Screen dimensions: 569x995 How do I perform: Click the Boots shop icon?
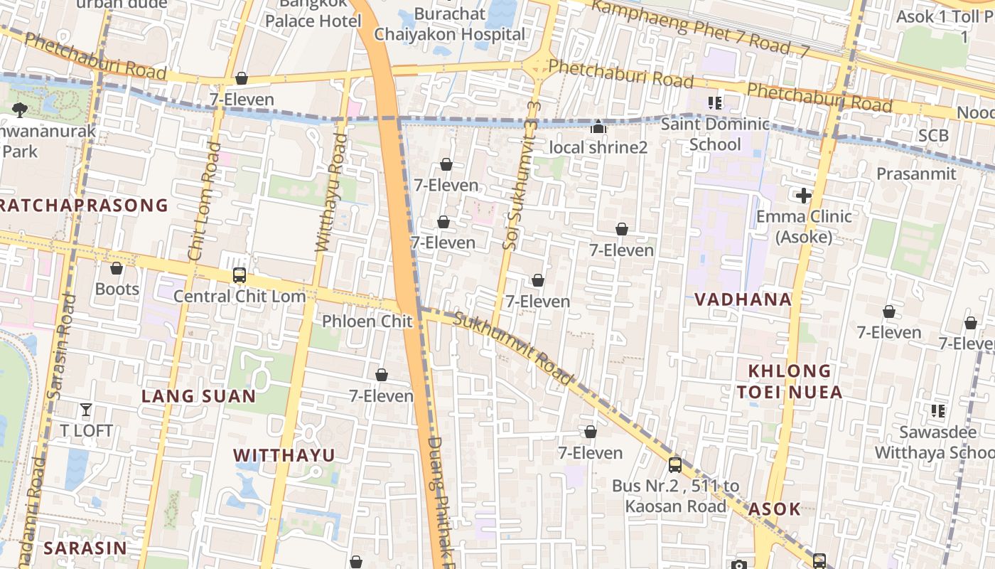pos(117,268)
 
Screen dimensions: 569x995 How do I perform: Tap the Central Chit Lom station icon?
pos(240,275)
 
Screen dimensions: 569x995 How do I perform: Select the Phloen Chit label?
pos(367,321)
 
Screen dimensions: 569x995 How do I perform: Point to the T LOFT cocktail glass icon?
pos(86,410)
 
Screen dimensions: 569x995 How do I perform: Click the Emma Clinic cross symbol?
pos(804,196)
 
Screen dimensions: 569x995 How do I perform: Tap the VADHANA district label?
pos(743,299)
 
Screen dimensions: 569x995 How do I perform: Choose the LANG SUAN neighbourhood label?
pos(198,396)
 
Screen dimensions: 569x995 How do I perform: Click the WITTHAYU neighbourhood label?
pos(284,455)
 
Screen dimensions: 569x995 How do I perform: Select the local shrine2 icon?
pos(598,127)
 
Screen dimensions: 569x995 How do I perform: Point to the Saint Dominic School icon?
pos(715,103)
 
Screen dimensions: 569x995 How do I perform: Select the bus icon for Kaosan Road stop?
pos(675,465)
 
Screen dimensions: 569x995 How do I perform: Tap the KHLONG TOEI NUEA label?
pos(789,381)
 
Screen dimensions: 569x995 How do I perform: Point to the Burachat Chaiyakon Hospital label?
pos(450,24)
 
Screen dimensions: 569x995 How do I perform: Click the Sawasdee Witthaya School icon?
pos(937,411)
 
